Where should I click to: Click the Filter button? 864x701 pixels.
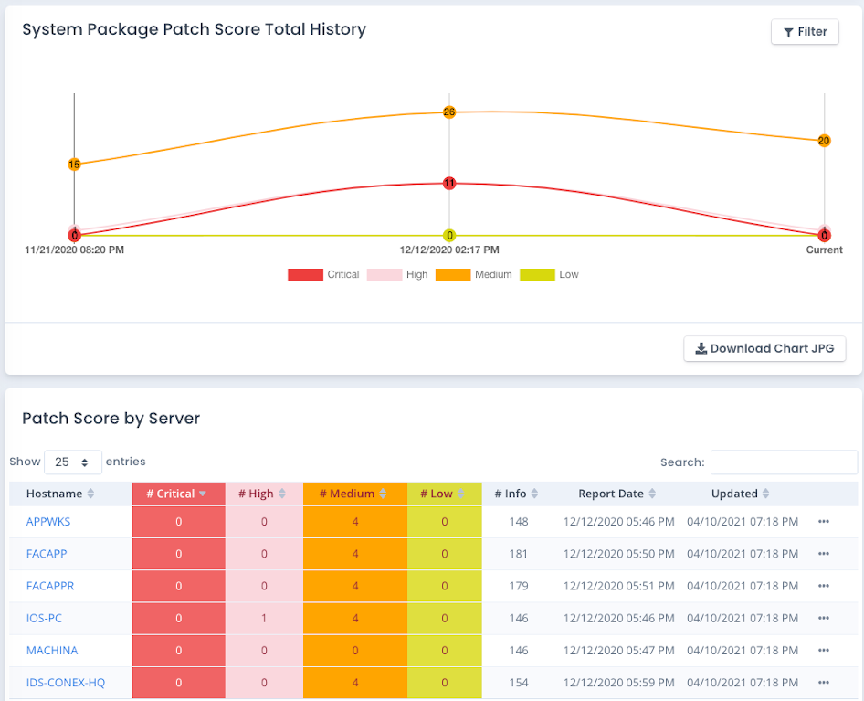805,31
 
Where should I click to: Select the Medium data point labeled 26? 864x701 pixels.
449,112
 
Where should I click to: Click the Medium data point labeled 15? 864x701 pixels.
74,165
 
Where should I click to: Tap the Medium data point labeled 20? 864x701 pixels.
824,141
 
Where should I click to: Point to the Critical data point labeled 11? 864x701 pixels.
449,184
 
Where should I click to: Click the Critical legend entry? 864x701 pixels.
323,274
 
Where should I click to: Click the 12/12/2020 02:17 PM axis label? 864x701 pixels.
449,250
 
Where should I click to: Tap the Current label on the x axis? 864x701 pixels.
824,250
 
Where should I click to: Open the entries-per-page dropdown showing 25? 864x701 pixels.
73,462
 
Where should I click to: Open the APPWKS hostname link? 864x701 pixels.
48,522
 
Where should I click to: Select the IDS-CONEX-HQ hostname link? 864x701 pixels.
66,683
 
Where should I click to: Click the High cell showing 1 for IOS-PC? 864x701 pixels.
264,619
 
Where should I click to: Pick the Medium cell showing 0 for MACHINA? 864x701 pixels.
354,651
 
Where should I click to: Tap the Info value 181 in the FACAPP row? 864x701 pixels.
519,554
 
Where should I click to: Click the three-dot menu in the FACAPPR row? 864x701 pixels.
824,586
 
